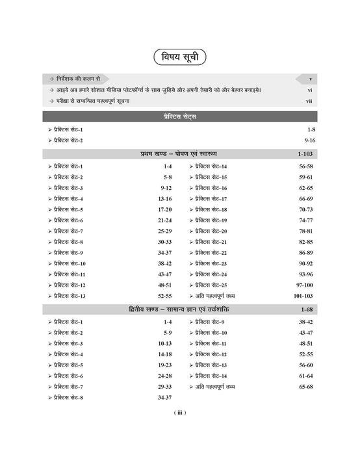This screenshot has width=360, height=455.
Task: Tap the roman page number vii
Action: pyautogui.click(x=309, y=101)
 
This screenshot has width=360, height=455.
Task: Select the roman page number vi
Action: pyautogui.click(x=309, y=90)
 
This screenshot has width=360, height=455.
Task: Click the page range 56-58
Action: pyautogui.click(x=305, y=167)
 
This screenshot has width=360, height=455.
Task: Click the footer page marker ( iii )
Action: pyautogui.click(x=180, y=413)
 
